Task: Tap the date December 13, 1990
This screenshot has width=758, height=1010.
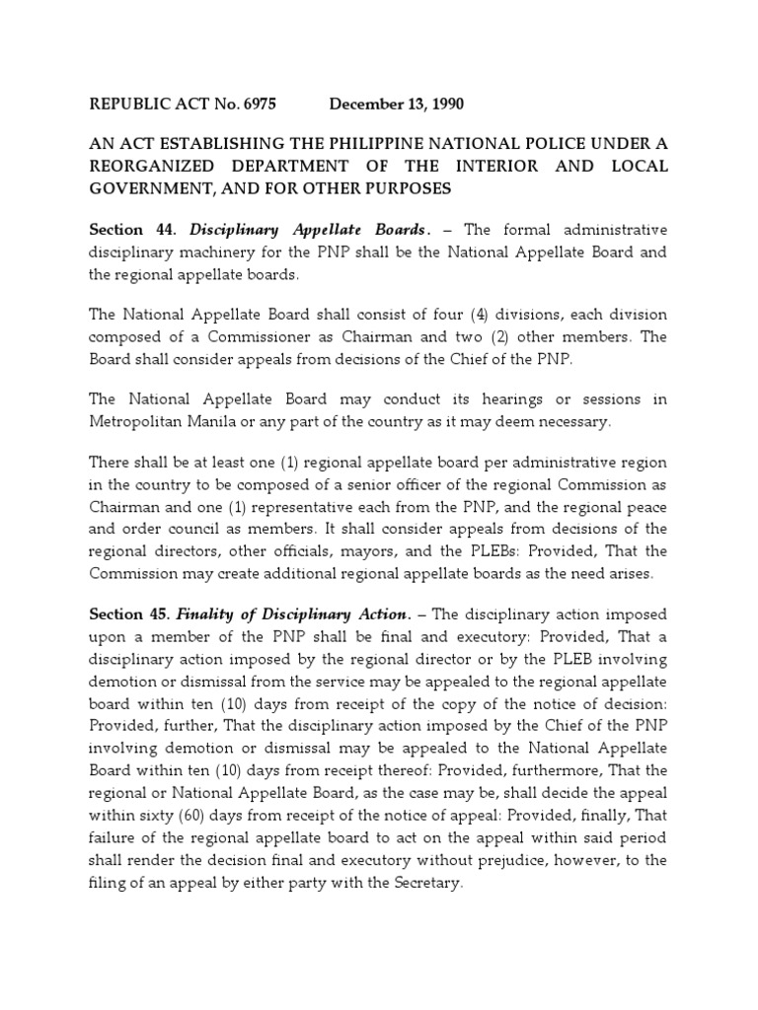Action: point(397,104)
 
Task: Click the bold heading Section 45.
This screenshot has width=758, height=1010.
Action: point(132,614)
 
